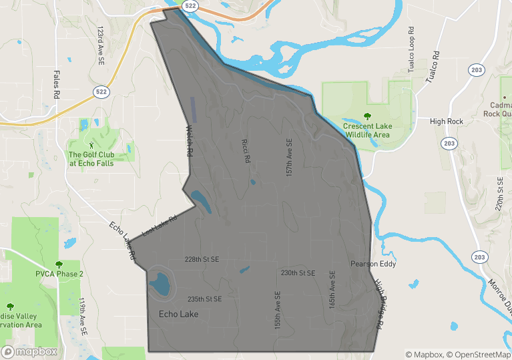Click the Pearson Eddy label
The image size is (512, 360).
pos(373,264)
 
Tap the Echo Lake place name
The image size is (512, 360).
pos(178,314)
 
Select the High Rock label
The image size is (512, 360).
pos(447,122)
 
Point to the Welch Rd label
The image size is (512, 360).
pos(190,141)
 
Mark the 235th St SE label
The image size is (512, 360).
pos(204,299)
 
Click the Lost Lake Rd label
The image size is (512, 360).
pos(160,226)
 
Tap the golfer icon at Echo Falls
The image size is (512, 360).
pos(91,144)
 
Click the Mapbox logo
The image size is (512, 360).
pos(30,351)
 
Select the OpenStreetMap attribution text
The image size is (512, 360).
pos(479,354)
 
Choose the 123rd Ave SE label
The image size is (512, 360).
pos(101,42)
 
